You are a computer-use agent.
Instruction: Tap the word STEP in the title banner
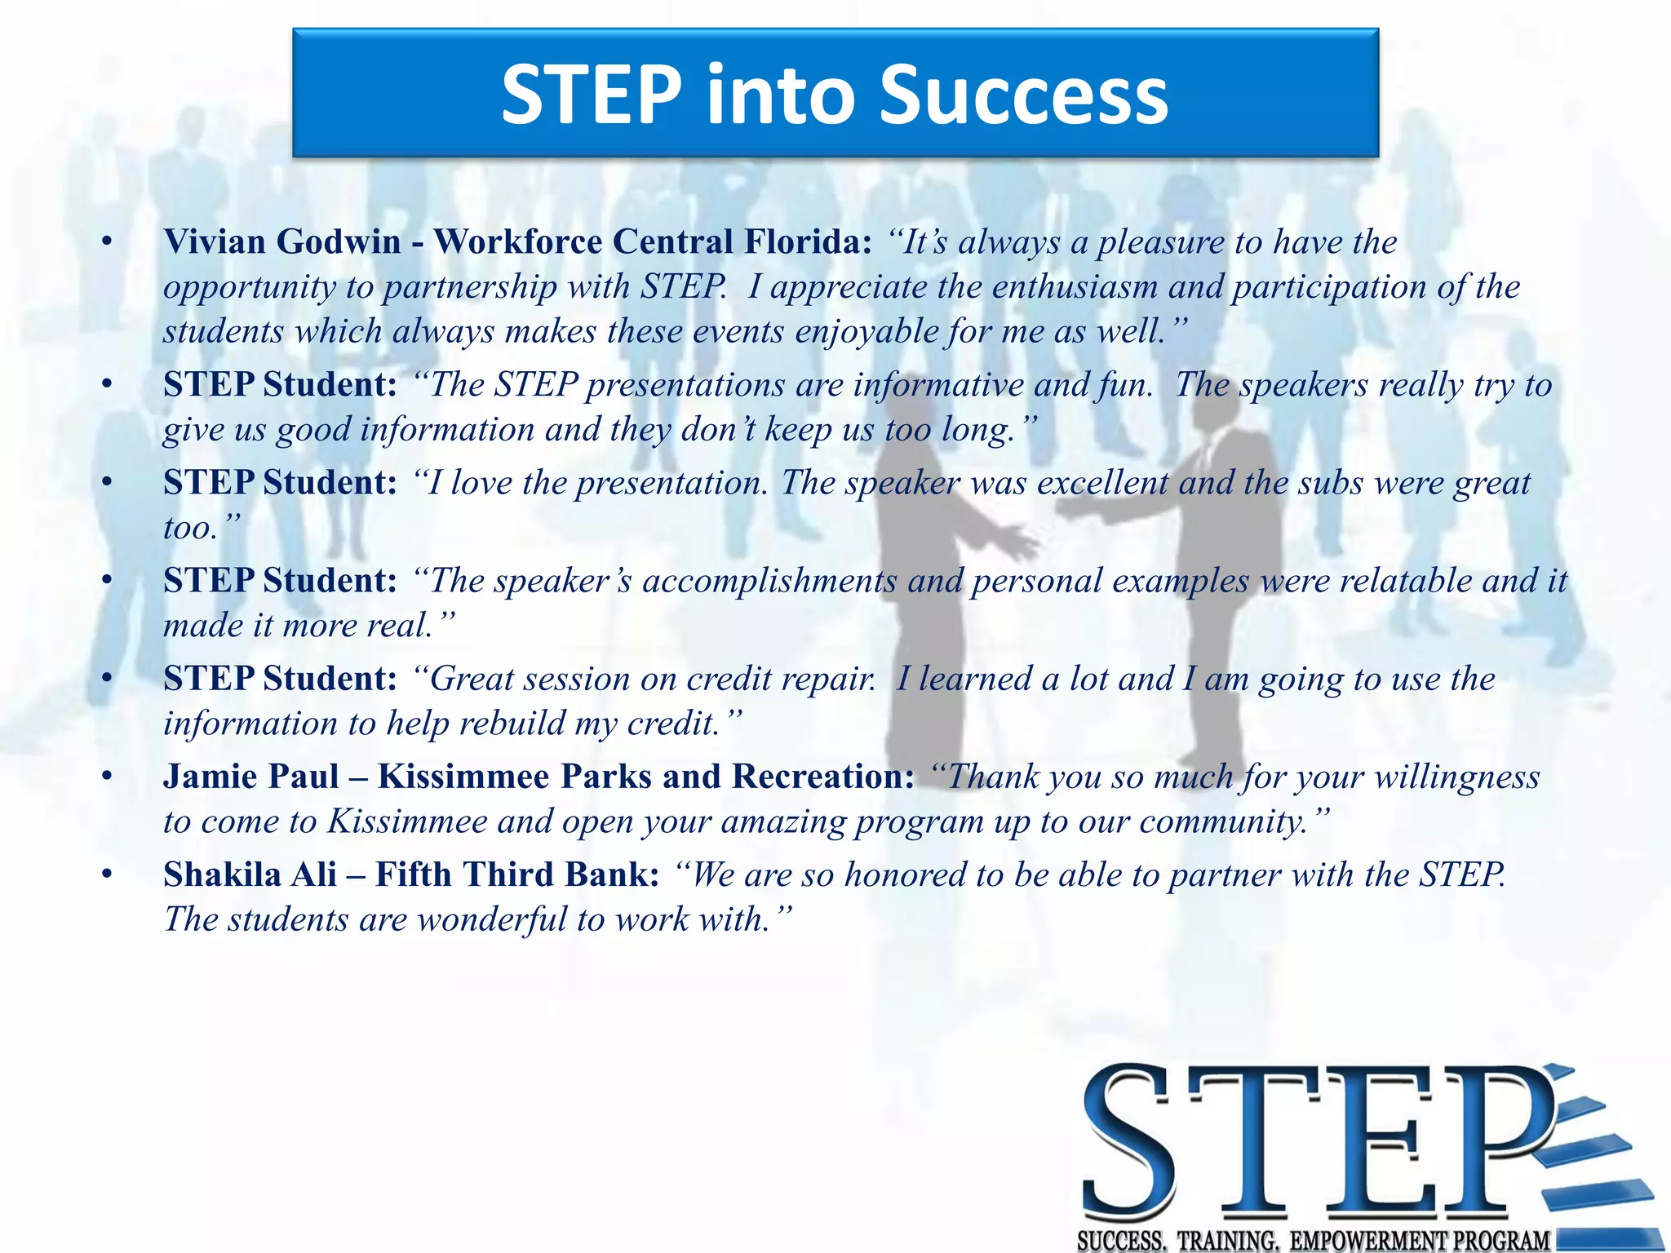(591, 95)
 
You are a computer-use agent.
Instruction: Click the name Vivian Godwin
(282, 242)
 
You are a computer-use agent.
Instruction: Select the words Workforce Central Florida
(652, 242)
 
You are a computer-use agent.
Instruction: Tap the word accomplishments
(770, 581)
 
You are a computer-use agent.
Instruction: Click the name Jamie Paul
(251, 777)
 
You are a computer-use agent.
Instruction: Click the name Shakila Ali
(250, 874)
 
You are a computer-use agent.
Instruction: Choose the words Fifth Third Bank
(517, 874)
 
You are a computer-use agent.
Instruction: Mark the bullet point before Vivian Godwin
(106, 242)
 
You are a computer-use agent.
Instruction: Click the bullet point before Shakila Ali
(106, 874)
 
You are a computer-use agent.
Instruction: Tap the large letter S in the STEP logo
(1130, 1142)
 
